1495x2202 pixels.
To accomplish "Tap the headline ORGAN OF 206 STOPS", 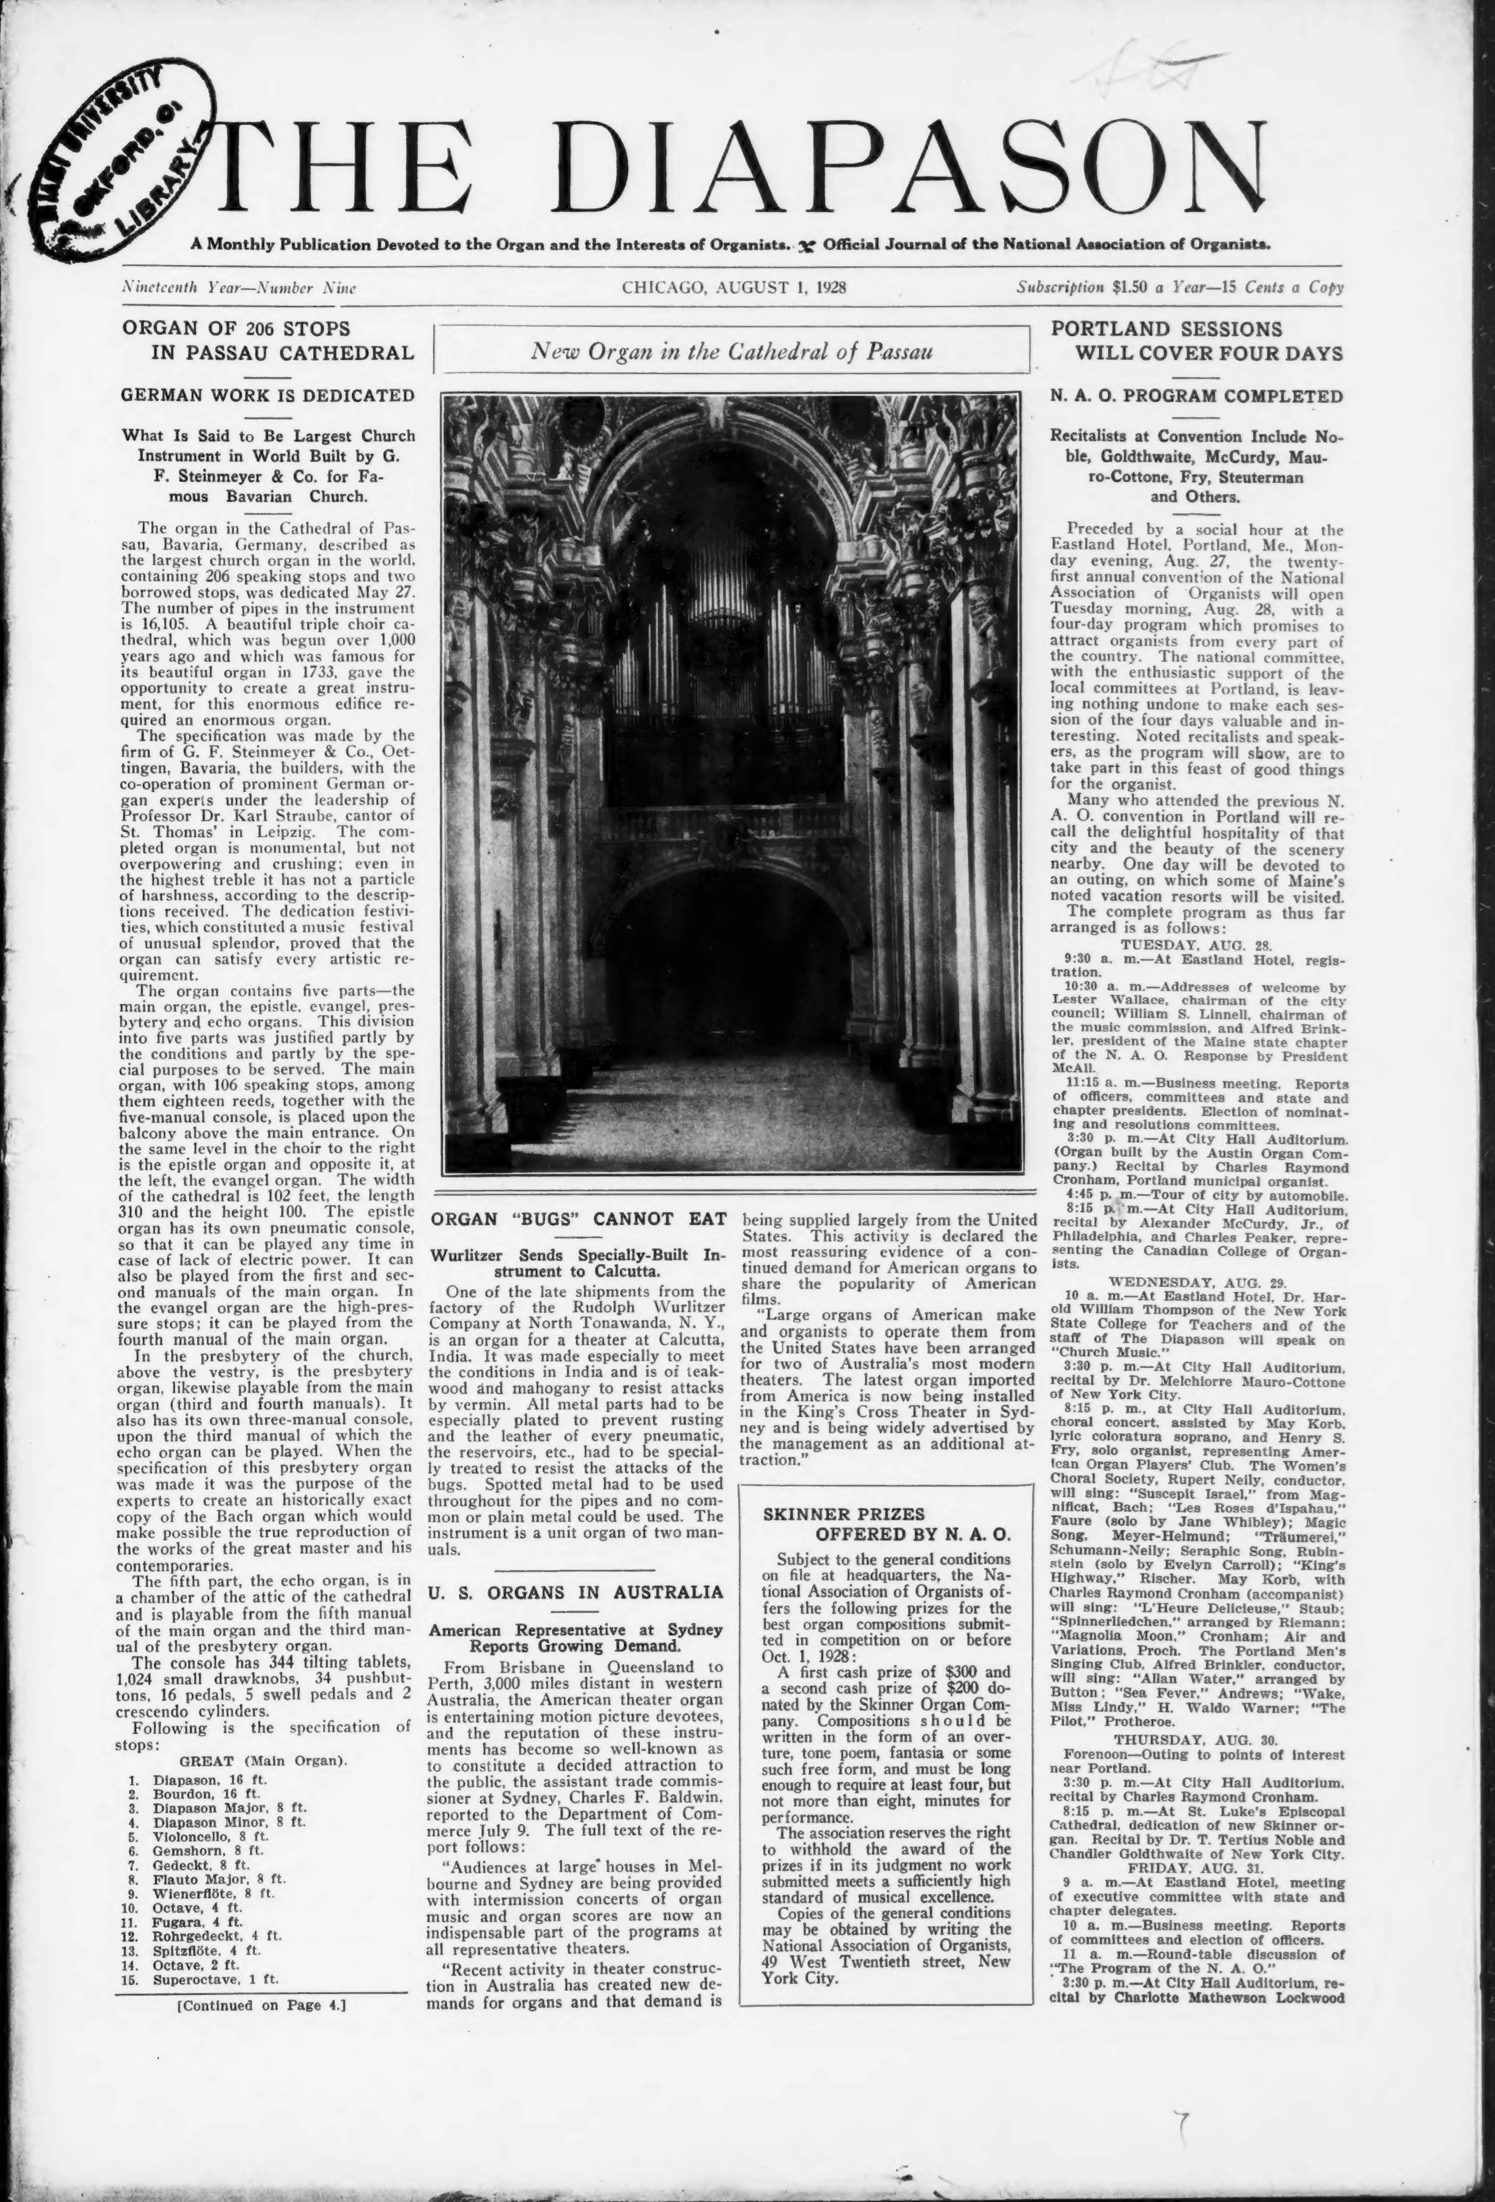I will tap(236, 329).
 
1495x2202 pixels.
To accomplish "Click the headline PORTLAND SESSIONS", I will tap(1166, 329).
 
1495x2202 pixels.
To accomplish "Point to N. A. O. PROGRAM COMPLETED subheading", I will tap(1197, 396).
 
